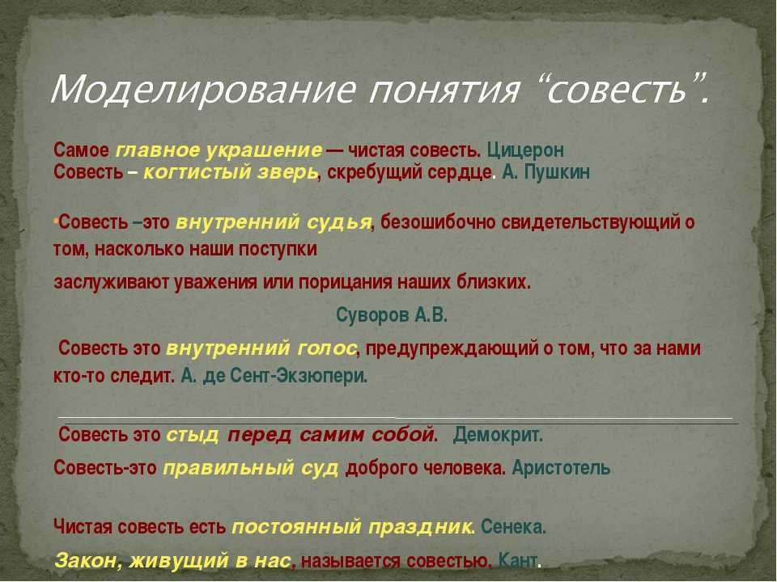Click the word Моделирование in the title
pyautogui.click(x=203, y=90)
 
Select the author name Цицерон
pyautogui.click(x=525, y=150)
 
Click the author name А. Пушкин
pyautogui.click(x=546, y=172)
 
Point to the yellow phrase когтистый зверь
pyautogui.click(x=231, y=172)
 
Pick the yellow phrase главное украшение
pyautogui.click(x=219, y=150)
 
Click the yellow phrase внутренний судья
pyautogui.click(x=274, y=223)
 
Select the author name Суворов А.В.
pyautogui.click(x=392, y=314)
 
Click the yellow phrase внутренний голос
pyautogui.click(x=261, y=348)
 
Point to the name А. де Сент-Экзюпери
pyautogui.click(x=274, y=376)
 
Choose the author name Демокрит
pyautogui.click(x=498, y=435)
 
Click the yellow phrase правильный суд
pyautogui.click(x=251, y=468)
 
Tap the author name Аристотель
pyautogui.click(x=561, y=468)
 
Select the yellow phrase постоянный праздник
pyautogui.click(x=351, y=526)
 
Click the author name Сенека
pyautogui.click(x=513, y=526)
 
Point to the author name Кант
pyautogui.click(x=517, y=561)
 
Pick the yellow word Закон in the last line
pyautogui.click(x=88, y=561)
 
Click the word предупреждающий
pyautogui.click(x=452, y=349)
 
